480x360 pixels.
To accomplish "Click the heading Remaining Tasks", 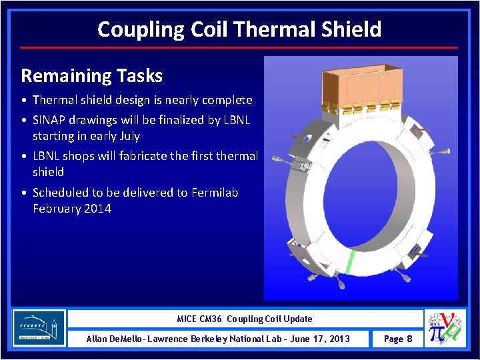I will click(92, 75).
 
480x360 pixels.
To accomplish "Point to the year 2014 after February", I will click(98, 209).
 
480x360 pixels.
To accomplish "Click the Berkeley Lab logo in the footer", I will click(39, 328).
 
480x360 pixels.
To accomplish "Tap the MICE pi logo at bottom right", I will click(445, 328).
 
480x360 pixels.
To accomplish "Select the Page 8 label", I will click(398, 339).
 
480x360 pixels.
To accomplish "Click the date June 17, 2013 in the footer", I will click(317, 339).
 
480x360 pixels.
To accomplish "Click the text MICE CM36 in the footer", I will click(202, 319).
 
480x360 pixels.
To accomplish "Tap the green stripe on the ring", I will click(349, 261).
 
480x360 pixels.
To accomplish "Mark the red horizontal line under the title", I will click(239, 47).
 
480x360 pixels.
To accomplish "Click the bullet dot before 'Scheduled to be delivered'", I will click(24, 193).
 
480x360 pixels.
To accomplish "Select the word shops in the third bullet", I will click(77, 156).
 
